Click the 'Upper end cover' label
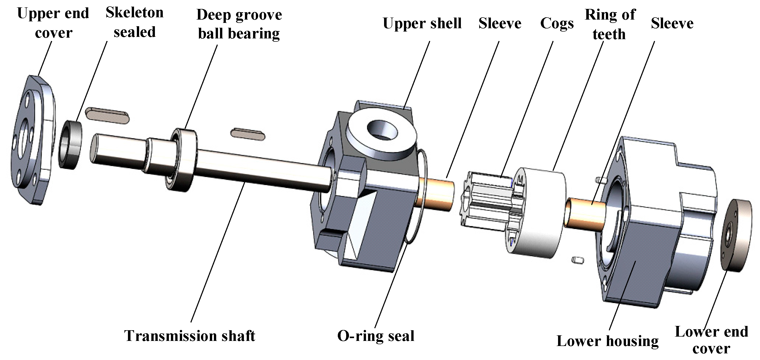[x=53, y=23]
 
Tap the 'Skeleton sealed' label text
[x=135, y=22]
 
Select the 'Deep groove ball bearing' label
[x=239, y=24]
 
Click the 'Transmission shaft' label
[x=190, y=336]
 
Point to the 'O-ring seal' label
[x=376, y=336]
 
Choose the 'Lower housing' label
[x=607, y=341]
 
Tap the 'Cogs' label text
[x=557, y=23]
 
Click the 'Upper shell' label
[x=422, y=23]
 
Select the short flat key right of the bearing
[x=248, y=134]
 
